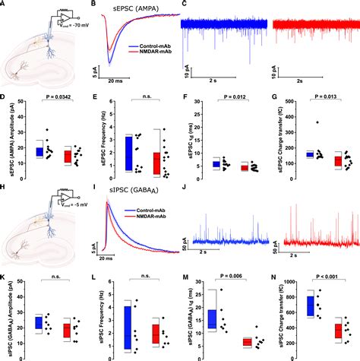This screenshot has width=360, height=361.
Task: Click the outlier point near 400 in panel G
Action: [318, 122]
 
